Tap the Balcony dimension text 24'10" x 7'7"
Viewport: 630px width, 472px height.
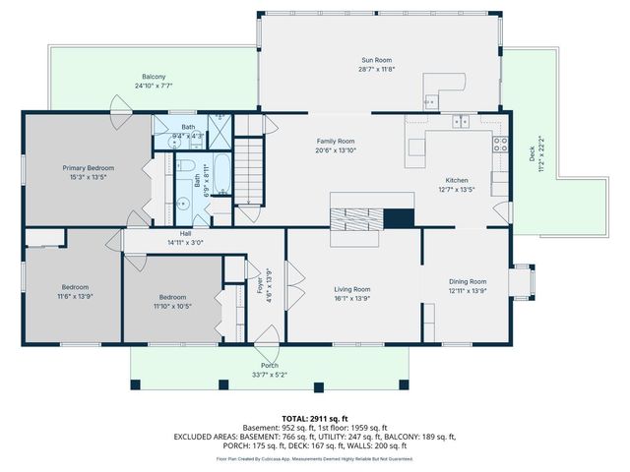[x=153, y=86]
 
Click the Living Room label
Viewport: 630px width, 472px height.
[x=351, y=289]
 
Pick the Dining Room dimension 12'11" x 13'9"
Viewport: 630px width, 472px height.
[x=468, y=291]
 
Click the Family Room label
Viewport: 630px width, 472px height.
[x=335, y=142]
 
